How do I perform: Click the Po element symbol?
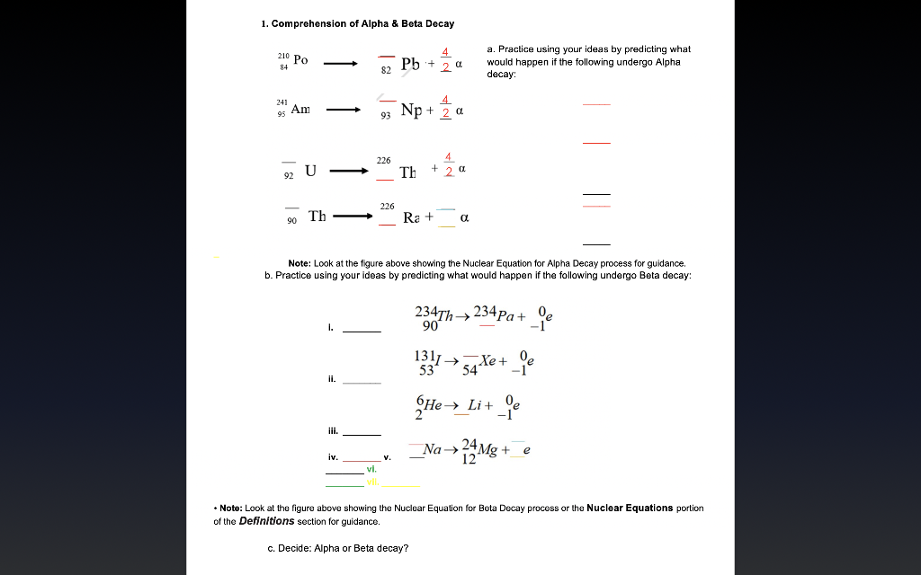pyautogui.click(x=300, y=60)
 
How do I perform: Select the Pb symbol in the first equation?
pyautogui.click(x=410, y=64)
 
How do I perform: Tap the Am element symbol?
pyautogui.click(x=300, y=109)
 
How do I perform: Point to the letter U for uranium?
pyautogui.click(x=310, y=170)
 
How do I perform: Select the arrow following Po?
pyautogui.click(x=341, y=64)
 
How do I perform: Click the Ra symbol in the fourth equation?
pyautogui.click(x=411, y=217)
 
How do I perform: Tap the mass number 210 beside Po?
pyautogui.click(x=284, y=56)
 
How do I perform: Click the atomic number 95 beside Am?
pyautogui.click(x=282, y=114)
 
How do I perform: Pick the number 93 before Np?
pyautogui.click(x=386, y=115)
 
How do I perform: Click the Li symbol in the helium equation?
pyautogui.click(x=479, y=407)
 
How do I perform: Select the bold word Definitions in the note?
pyautogui.click(x=266, y=521)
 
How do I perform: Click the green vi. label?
pyautogui.click(x=371, y=470)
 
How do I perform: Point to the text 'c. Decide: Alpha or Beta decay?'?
pyautogui.click(x=337, y=548)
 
